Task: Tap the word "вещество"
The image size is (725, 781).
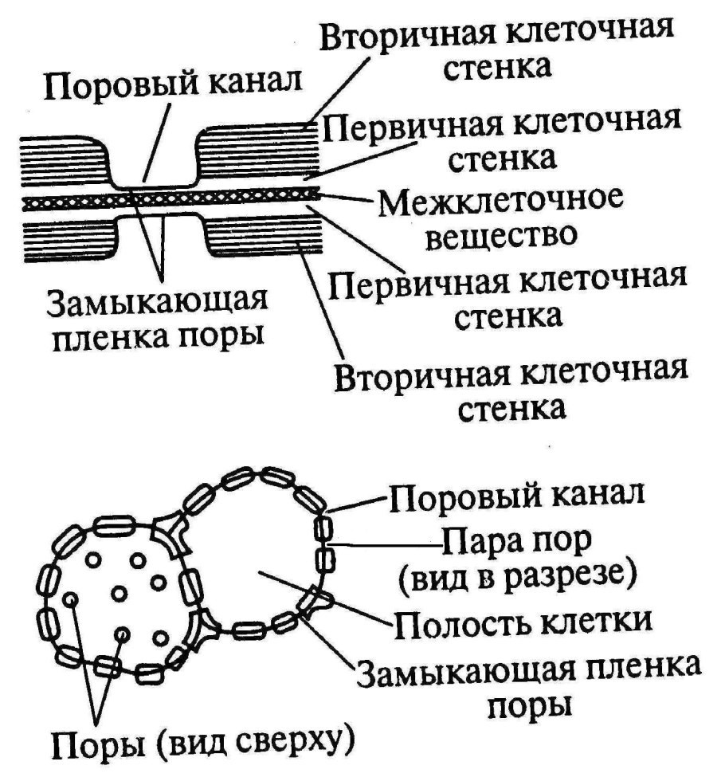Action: (501, 237)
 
